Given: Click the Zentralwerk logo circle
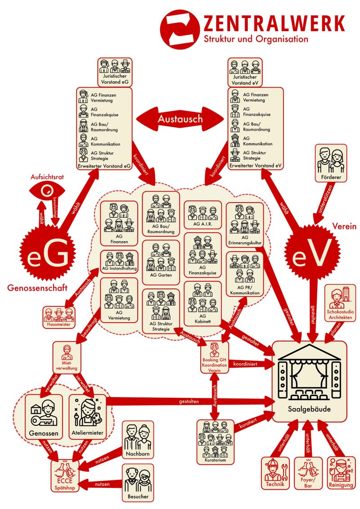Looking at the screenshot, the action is click(180, 29).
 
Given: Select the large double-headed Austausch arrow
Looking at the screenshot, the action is click(180, 119).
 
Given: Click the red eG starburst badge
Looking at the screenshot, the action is click(48, 253).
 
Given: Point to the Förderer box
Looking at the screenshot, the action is click(331, 163).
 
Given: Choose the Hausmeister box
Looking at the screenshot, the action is click(59, 317).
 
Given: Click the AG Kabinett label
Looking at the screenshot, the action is click(202, 319).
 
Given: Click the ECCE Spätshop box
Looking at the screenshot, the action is click(65, 476).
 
